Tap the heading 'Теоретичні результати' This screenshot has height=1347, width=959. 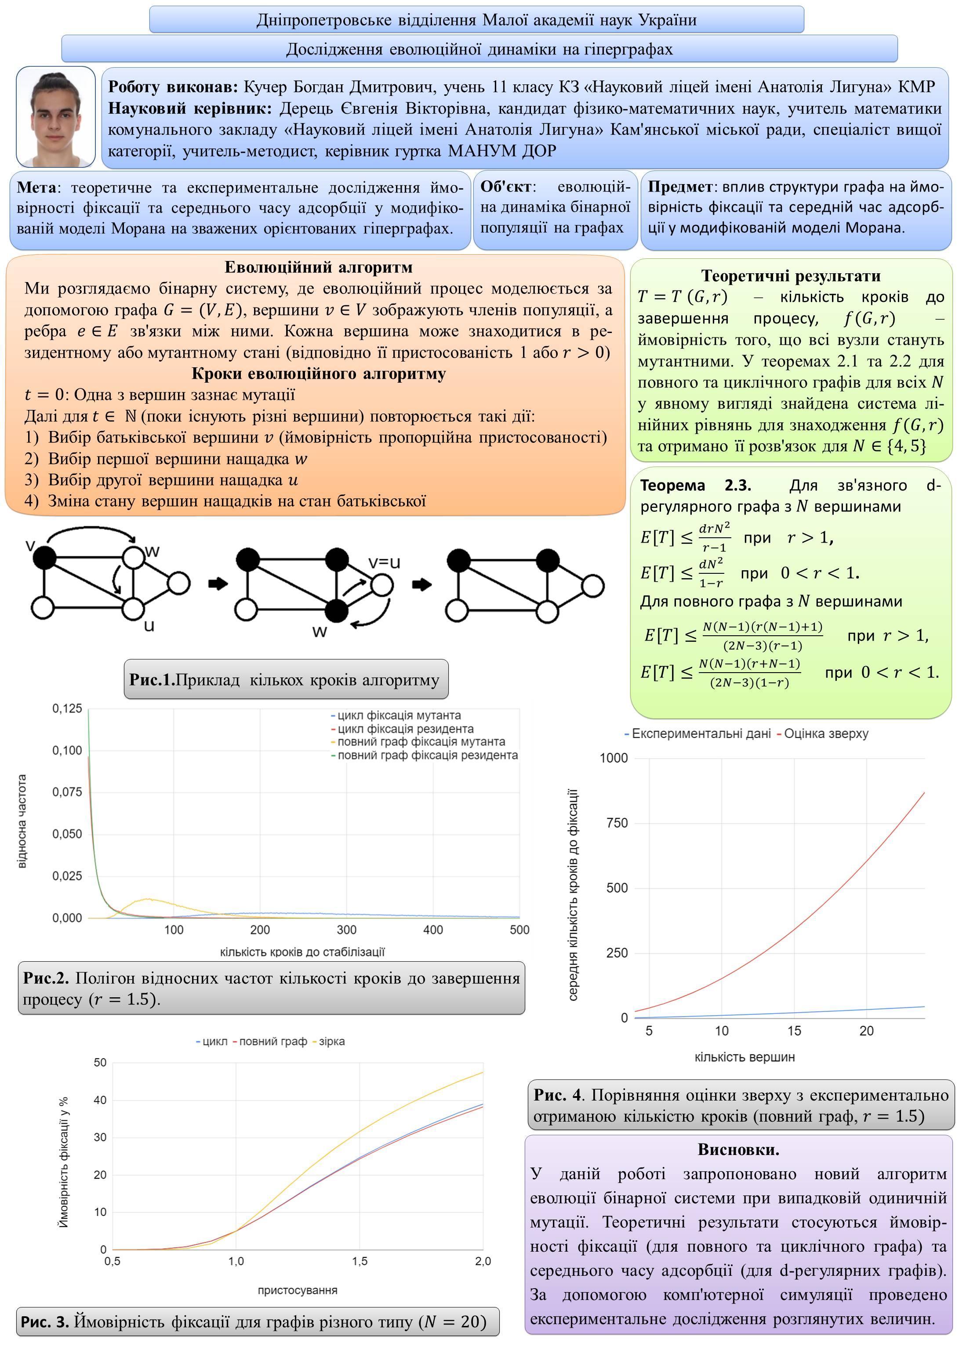coord(791,275)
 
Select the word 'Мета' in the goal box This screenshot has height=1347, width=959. coord(36,188)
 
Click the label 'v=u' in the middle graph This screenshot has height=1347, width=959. coord(385,562)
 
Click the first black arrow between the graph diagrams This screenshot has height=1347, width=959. coord(218,584)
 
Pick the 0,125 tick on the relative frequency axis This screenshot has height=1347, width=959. coord(67,708)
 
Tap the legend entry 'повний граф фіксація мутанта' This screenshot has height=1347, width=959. coord(421,742)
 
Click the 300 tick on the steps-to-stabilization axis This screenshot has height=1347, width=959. coord(347,930)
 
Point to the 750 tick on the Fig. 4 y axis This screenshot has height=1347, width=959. coord(617,823)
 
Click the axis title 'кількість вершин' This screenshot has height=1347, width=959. coord(745,1057)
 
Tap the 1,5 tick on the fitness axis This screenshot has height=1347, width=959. coord(360,1261)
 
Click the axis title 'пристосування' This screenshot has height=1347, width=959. coord(298,1290)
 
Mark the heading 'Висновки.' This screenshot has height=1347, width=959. coord(738,1149)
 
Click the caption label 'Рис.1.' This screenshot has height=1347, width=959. coord(153,680)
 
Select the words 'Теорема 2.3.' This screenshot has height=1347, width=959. coord(696,485)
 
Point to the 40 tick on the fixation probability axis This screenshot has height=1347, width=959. coord(100,1100)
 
